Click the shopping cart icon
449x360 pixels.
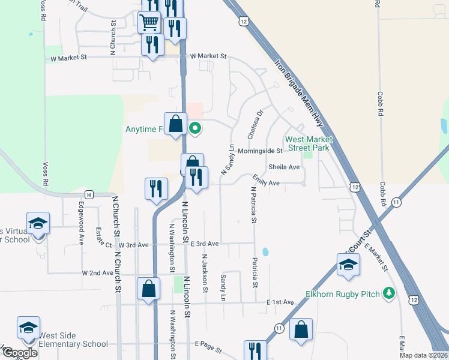coord(149,23)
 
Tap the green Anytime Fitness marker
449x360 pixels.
coord(195,128)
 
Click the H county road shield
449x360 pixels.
coord(89,194)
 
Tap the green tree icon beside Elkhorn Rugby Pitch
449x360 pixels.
coord(389,293)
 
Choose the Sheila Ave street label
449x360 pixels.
coord(284,167)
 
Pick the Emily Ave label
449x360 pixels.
coord(266,182)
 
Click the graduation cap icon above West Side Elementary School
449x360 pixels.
coord(28,328)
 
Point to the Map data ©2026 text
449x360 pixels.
coord(423,355)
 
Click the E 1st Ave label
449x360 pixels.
coord(280,302)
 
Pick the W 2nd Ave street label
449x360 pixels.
coord(98,272)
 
